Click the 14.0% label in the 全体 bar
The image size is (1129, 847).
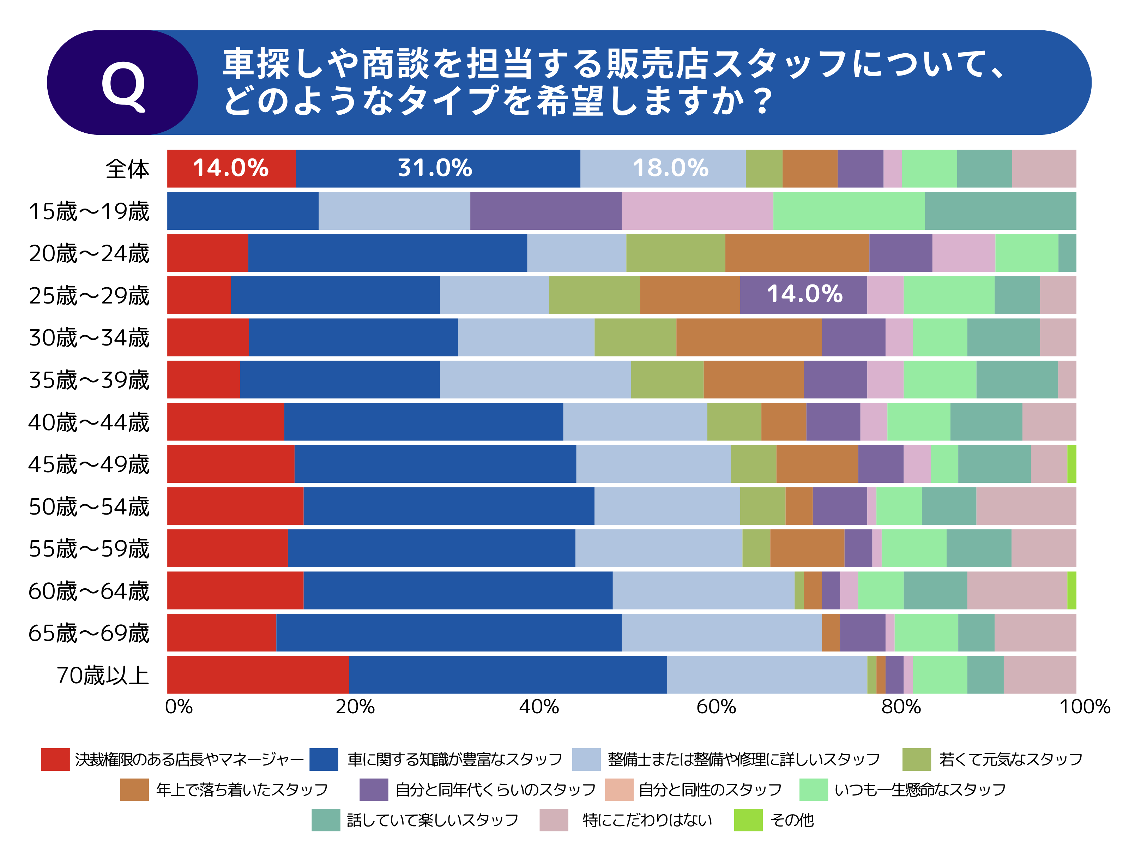(x=231, y=168)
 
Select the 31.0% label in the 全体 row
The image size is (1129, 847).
(x=435, y=168)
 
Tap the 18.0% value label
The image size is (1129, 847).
(x=670, y=168)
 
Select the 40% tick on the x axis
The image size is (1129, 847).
(x=539, y=707)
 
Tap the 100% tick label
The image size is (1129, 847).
(x=1085, y=707)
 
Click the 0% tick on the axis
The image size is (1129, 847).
(x=179, y=707)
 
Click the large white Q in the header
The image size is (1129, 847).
(x=123, y=85)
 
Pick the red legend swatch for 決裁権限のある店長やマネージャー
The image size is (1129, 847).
(x=55, y=759)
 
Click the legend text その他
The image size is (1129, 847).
(x=792, y=820)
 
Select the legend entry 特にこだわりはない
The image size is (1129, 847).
(x=647, y=820)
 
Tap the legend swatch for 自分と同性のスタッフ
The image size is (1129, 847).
(x=618, y=790)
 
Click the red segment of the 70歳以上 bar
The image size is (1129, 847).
(x=258, y=674)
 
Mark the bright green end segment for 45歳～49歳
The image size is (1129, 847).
(x=1072, y=464)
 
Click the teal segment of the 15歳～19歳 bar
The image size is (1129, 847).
(x=1000, y=211)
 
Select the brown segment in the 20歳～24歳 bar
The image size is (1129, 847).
(x=797, y=253)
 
